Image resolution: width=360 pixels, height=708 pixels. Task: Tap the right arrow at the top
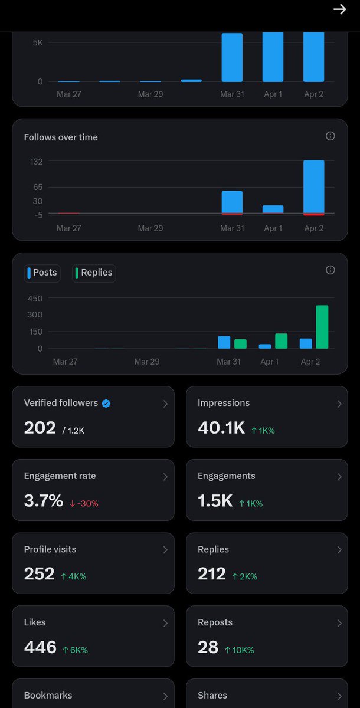point(339,9)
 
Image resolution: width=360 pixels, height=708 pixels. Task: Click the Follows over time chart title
point(61,137)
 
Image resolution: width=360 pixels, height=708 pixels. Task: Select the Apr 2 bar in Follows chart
point(313,187)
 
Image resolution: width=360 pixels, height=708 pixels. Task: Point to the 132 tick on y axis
point(37,162)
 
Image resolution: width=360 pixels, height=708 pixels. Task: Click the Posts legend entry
point(42,273)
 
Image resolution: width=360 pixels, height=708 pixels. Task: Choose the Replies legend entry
point(94,273)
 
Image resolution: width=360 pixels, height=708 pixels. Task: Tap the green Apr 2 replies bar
point(322,327)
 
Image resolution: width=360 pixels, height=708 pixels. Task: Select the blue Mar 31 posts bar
point(224,342)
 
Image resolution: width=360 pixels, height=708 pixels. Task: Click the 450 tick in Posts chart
point(35,299)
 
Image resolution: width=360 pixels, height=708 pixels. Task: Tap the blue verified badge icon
point(106,404)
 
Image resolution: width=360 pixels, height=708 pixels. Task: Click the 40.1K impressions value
point(221,428)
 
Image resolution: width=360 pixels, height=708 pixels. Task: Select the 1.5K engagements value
point(215,501)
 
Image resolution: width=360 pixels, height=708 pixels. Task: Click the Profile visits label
point(50,549)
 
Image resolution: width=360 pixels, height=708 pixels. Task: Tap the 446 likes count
point(40,647)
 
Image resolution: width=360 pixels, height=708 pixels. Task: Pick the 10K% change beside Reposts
point(240,650)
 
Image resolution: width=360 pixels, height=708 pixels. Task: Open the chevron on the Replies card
point(339,550)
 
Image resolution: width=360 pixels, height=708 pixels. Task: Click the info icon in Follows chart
point(330,136)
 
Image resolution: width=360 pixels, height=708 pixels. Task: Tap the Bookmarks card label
point(48,696)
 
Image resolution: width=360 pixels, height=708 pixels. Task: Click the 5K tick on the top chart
point(37,42)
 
